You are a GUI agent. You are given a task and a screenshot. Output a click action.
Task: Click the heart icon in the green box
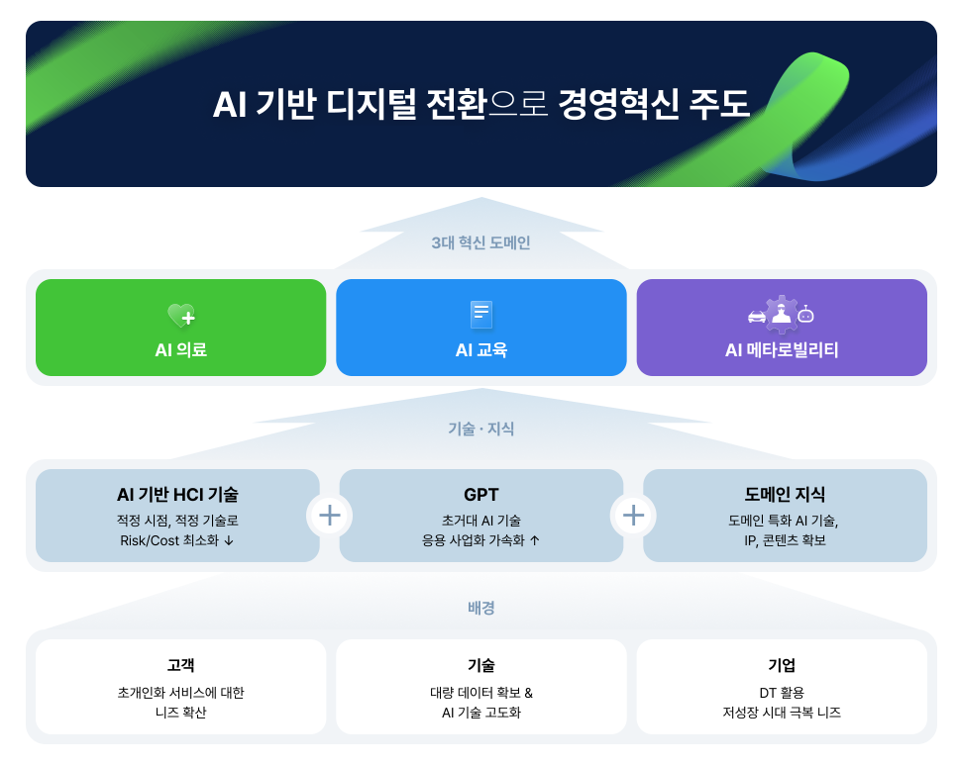(x=181, y=315)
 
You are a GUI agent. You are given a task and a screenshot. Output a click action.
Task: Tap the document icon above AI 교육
(x=481, y=315)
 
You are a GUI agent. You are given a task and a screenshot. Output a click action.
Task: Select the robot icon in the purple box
(x=805, y=314)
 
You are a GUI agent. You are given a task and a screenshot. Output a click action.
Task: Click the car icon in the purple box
(x=757, y=316)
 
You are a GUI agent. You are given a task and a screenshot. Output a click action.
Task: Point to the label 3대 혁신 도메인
(x=480, y=242)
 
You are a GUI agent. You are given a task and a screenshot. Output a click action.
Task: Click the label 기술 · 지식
(x=480, y=430)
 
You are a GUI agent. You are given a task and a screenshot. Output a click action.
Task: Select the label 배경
(x=480, y=608)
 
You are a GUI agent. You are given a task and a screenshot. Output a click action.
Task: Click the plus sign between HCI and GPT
(x=330, y=516)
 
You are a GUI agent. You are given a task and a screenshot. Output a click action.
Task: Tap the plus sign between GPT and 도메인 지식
(x=634, y=516)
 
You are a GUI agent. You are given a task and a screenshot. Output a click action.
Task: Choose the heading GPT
(x=481, y=495)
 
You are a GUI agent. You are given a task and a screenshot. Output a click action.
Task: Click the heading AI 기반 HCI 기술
(x=177, y=495)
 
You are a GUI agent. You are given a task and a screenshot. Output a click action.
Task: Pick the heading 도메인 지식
(x=785, y=495)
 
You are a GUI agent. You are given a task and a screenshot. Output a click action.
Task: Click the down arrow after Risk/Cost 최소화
(x=229, y=540)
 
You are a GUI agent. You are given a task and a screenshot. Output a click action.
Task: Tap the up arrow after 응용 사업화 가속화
(x=535, y=540)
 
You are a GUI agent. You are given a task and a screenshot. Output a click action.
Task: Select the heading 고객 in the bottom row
(x=181, y=665)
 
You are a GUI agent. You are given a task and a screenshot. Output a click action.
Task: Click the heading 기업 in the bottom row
(x=782, y=665)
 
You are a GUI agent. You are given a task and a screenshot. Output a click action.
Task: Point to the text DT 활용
(x=782, y=693)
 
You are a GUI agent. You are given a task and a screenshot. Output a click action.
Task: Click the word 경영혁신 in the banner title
(x=618, y=104)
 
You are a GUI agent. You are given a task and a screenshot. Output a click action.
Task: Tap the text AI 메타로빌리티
(x=782, y=350)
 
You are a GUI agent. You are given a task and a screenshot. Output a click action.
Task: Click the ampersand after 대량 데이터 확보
(x=528, y=693)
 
